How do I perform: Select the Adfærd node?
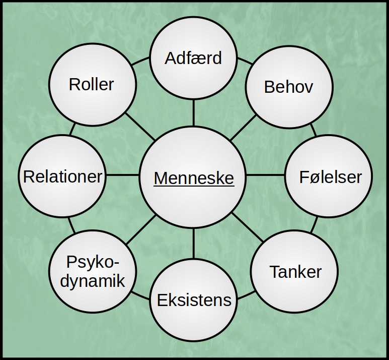tap(193, 58)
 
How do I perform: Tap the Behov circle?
tap(288, 86)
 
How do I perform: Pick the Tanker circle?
tap(295, 272)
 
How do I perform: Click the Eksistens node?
tap(194, 301)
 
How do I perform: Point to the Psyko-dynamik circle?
tap(93, 272)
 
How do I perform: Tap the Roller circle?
tap(92, 84)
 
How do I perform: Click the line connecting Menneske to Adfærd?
tap(193, 112)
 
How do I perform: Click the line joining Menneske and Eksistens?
tap(193, 243)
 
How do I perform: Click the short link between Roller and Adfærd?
tap(141, 64)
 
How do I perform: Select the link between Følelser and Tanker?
tap(314, 225)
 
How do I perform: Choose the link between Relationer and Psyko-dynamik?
tap(71, 225)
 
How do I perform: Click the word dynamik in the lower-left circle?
tap(93, 281)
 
